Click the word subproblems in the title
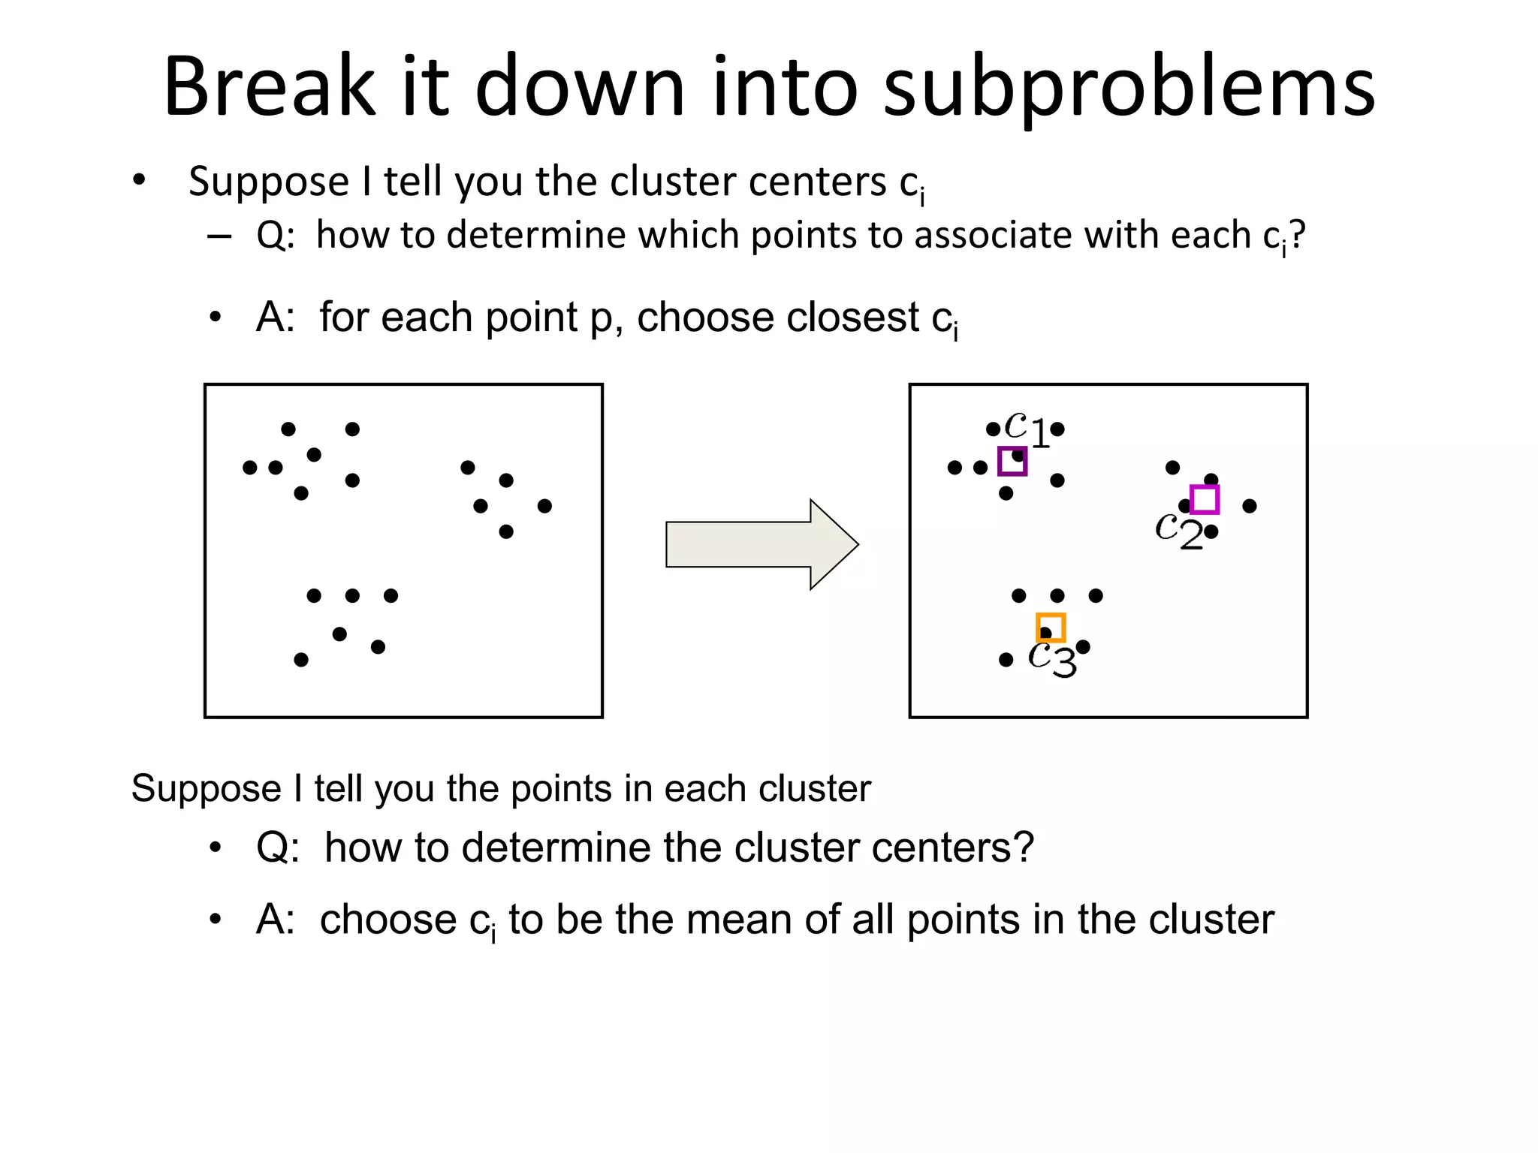click(1129, 89)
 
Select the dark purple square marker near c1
click(1012, 461)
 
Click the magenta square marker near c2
click(1205, 499)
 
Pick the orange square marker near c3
click(1051, 627)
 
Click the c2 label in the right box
click(1178, 530)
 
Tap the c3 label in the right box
click(1051, 658)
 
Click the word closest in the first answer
click(852, 318)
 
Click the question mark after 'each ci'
click(1297, 235)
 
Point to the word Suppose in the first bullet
click(269, 182)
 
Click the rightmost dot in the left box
click(544, 506)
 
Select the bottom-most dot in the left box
click(301, 660)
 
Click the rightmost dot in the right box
click(1250, 506)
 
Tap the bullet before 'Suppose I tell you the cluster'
click(139, 181)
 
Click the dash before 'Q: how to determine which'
click(219, 236)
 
